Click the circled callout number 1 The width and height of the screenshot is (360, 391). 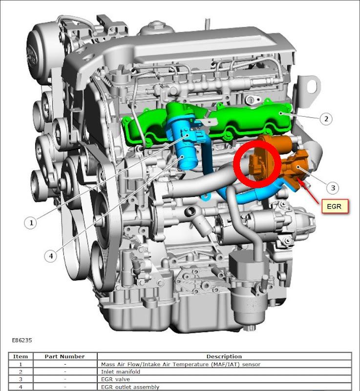pyautogui.click(x=31, y=222)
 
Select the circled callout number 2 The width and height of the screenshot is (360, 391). pyautogui.click(x=326, y=119)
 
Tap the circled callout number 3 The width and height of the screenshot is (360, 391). pyautogui.click(x=333, y=188)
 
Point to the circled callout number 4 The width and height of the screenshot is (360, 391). pyautogui.click(x=51, y=256)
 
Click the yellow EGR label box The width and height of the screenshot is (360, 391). pyautogui.click(x=335, y=206)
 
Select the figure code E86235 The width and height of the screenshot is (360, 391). pyautogui.click(x=22, y=340)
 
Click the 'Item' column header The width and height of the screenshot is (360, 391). pyautogui.click(x=21, y=356)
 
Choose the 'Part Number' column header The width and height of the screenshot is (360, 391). pyautogui.click(x=65, y=356)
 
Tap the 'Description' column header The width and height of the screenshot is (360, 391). pyautogui.click(x=224, y=356)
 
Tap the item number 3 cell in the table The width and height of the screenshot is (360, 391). pyautogui.click(x=21, y=379)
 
